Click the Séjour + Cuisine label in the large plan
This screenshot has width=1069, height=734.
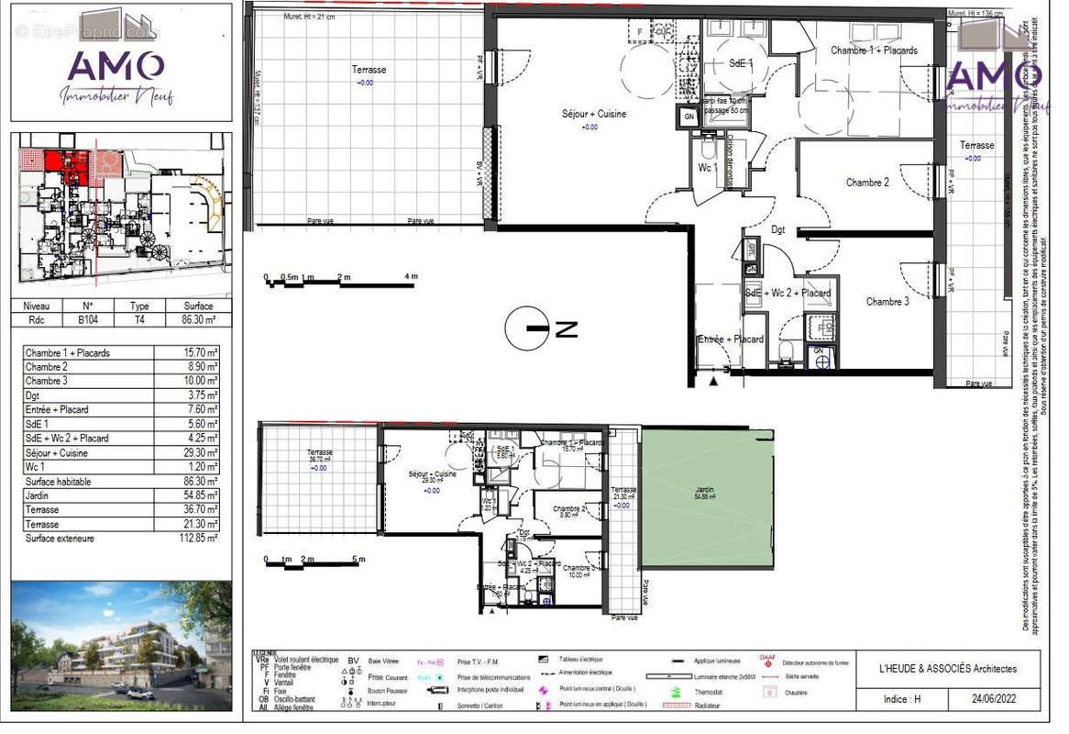click(x=593, y=114)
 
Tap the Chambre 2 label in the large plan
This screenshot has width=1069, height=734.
click(x=866, y=183)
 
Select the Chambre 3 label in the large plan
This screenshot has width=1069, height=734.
click(x=887, y=301)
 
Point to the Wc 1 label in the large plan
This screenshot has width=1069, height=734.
click(x=707, y=168)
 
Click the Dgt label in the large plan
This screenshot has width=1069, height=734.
click(x=778, y=229)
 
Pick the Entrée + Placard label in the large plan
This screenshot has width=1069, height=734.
click(x=731, y=339)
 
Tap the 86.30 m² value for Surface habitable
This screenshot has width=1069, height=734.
click(x=198, y=481)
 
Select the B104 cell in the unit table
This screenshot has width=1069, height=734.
click(x=88, y=320)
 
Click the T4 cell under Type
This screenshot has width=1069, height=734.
click(x=139, y=320)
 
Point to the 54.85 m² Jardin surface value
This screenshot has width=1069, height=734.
click(x=198, y=495)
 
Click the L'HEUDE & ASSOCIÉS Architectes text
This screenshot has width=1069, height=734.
click(x=947, y=669)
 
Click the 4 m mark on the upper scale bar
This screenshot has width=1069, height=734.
click(x=411, y=276)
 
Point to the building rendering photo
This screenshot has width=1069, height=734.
click(x=121, y=646)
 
